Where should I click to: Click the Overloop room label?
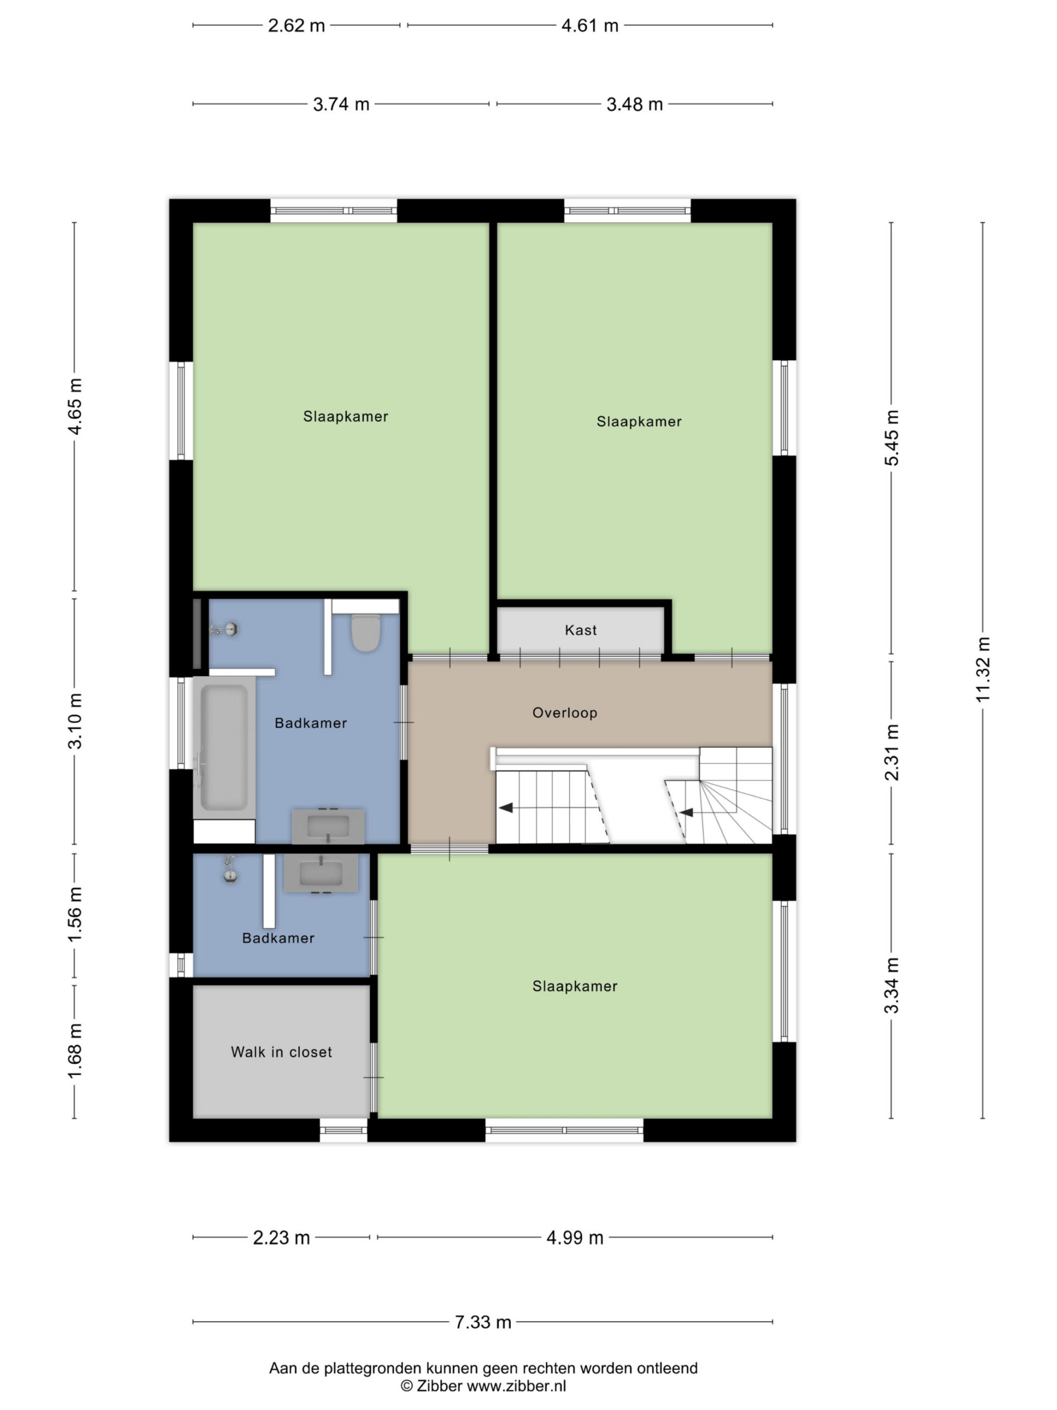[x=564, y=713]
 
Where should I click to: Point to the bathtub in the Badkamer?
[x=224, y=747]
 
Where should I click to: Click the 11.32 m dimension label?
[x=983, y=670]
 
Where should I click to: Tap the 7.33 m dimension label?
[x=482, y=1322]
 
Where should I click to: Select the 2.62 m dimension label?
[x=296, y=25]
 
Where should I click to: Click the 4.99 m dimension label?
[x=575, y=1238]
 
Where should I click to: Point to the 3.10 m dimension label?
[x=75, y=722]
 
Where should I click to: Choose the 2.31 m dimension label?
[x=892, y=753]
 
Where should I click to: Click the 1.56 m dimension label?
[x=75, y=915]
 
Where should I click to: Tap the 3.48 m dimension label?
[x=635, y=104]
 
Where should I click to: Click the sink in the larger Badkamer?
[x=328, y=826]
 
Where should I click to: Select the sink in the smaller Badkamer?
[x=321, y=874]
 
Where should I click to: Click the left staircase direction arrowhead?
[x=506, y=808]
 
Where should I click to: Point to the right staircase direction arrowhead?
[x=686, y=813]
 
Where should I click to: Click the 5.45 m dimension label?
[x=892, y=438]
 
